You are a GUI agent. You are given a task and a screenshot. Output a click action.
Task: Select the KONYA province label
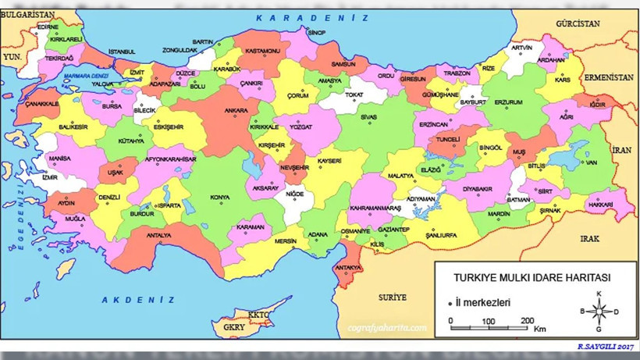click(x=220, y=197)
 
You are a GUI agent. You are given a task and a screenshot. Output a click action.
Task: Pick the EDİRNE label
click(x=48, y=26)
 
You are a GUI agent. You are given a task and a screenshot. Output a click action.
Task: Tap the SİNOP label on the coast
click(x=316, y=33)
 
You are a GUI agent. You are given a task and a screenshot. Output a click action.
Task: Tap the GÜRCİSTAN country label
click(x=578, y=24)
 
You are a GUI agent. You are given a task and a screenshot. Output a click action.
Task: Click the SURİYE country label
click(x=393, y=298)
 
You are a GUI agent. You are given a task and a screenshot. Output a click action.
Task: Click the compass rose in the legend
click(x=599, y=311)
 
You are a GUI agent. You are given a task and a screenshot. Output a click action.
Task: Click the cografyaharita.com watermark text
click(x=387, y=329)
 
